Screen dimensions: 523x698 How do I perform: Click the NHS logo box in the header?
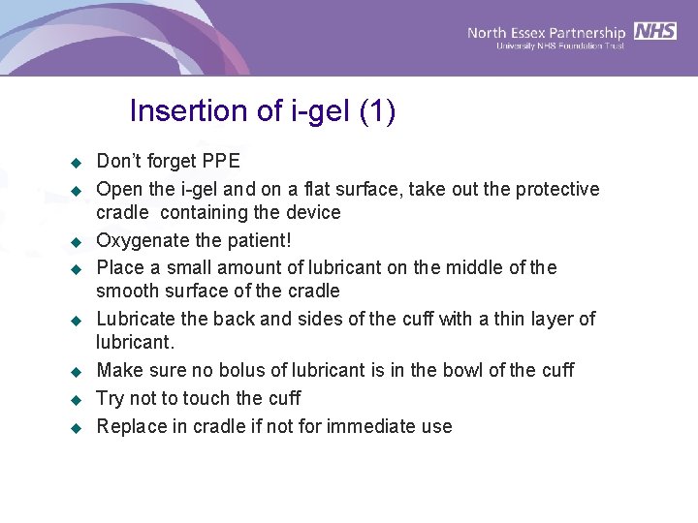pyautogui.click(x=656, y=31)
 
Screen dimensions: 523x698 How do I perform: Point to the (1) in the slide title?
pyautogui.click(x=376, y=111)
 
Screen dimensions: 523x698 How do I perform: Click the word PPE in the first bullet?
pyautogui.click(x=221, y=161)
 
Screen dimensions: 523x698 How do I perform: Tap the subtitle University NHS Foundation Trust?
pyautogui.click(x=561, y=46)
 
